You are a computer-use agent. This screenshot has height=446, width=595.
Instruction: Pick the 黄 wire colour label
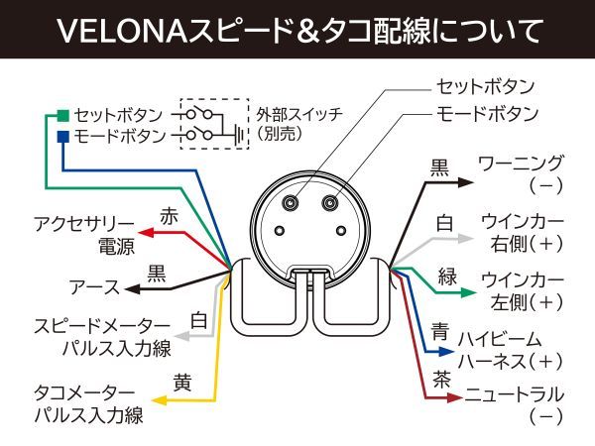pyautogui.click(x=181, y=381)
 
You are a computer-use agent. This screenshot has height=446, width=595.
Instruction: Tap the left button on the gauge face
pyautogui.click(x=291, y=202)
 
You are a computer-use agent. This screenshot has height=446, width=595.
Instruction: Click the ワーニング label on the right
pyautogui.click(x=522, y=163)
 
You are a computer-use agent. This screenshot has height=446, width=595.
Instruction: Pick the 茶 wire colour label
pyautogui.click(x=442, y=378)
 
